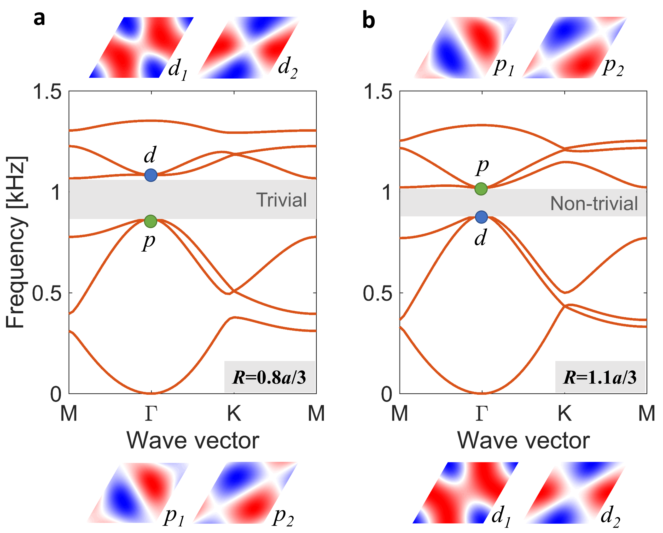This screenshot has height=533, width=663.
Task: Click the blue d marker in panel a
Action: (x=151, y=175)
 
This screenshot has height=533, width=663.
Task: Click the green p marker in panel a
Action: (x=150, y=221)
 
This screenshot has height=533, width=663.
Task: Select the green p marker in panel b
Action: (x=481, y=189)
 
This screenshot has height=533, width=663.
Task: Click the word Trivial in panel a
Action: (x=281, y=200)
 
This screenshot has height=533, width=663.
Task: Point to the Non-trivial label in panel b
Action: (x=594, y=203)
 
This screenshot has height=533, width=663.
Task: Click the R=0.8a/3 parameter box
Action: (x=270, y=377)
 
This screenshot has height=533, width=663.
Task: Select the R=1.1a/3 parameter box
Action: (x=600, y=377)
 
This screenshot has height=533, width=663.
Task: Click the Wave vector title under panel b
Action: (x=524, y=441)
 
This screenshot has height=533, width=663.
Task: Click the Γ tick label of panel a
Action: (x=151, y=413)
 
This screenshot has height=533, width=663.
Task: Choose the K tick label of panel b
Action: (x=565, y=413)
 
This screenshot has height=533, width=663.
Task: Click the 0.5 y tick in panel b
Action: (x=378, y=293)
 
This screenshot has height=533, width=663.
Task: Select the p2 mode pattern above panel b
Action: (x=574, y=47)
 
